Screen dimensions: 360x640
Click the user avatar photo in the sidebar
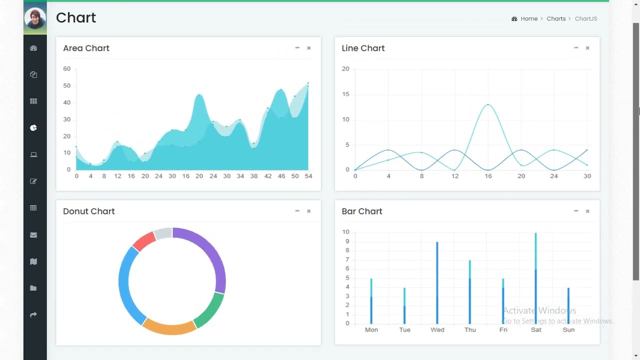pos(35,18)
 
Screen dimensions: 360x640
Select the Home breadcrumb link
pos(529,18)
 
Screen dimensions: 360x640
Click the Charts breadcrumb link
pos(556,18)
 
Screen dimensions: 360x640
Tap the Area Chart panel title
pos(86,48)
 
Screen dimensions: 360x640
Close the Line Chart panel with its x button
pos(587,48)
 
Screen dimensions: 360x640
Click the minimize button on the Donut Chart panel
pos(297,211)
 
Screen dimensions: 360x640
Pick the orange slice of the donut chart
pos(169,327)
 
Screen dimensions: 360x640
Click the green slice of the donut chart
pos(209,310)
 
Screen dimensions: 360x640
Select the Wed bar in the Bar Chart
pos(437,282)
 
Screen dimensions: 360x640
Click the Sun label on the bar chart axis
pos(568,330)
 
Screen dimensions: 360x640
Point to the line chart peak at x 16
pos(488,104)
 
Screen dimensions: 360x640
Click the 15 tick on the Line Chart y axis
pos(345,94)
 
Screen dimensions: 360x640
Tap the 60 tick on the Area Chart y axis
pos(66,68)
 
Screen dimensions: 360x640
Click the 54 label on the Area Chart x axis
pos(308,176)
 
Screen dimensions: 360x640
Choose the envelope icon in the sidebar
pos(33,235)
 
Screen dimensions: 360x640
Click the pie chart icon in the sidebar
pos(33,128)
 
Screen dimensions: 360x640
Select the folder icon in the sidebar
pos(33,288)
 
